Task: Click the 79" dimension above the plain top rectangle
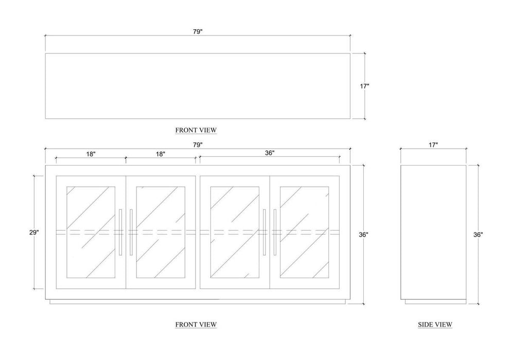[x=198, y=31]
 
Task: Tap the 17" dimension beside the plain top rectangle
[x=364, y=86]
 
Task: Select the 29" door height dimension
[x=34, y=232]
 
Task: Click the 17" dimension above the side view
[x=433, y=145]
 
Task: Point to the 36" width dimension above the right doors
[x=270, y=153]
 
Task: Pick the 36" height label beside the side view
[x=478, y=235]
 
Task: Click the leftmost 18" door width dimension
[x=91, y=154]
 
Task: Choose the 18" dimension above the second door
[x=161, y=154]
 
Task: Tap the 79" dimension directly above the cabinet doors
[x=198, y=145]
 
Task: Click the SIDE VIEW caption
[x=435, y=325]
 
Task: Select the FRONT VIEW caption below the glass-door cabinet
[x=196, y=325]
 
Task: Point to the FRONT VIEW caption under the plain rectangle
[x=196, y=130]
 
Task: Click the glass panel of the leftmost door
[x=91, y=232]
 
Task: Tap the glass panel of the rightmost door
[x=305, y=232]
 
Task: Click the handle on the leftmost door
[x=120, y=232]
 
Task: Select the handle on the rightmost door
[x=275, y=232]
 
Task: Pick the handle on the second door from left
[x=131, y=232]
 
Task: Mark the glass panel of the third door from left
[x=235, y=232]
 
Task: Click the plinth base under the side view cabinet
[x=433, y=302]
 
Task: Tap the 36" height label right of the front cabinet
[x=364, y=235]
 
